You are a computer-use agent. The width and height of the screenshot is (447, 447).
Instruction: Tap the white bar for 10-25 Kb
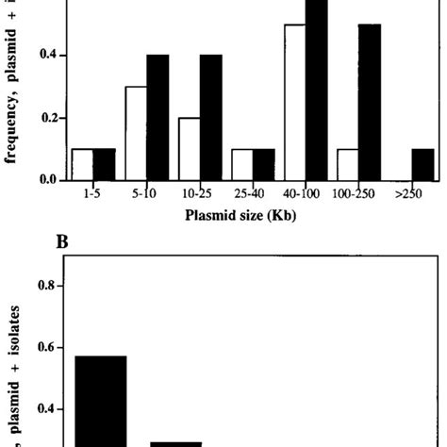click(x=190, y=148)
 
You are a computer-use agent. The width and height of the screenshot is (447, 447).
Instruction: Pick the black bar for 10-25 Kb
click(x=211, y=117)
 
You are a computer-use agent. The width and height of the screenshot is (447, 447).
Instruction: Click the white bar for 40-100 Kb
click(x=295, y=102)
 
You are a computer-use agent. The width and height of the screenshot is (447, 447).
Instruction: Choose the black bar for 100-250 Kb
click(x=370, y=102)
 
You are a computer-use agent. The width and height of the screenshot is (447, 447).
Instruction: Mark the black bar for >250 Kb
click(x=423, y=163)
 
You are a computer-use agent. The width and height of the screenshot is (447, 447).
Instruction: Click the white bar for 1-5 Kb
click(x=83, y=163)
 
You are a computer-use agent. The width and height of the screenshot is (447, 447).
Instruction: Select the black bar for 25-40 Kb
click(x=264, y=163)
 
